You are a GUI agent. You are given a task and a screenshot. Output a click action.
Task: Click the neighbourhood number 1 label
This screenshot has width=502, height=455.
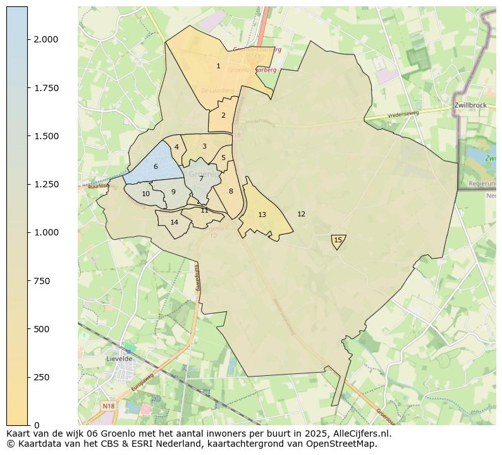(218, 66)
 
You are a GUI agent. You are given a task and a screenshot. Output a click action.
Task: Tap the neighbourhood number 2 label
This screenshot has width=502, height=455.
(223, 116)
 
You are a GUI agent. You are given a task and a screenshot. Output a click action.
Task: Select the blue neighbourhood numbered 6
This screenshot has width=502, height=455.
(156, 167)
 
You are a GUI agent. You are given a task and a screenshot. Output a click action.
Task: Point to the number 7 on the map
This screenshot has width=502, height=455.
(201, 179)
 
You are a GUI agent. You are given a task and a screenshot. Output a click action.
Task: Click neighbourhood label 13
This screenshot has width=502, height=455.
(262, 215)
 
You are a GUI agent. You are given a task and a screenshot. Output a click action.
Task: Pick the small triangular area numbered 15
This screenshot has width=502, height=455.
(338, 240)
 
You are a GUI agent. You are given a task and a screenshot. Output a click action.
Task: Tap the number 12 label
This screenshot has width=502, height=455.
(301, 215)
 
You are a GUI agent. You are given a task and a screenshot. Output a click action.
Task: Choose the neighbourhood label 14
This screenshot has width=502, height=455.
(174, 223)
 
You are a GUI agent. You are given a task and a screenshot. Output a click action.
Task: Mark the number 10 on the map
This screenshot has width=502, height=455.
(145, 194)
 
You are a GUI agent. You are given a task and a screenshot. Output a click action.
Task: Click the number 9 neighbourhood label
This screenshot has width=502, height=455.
(173, 192)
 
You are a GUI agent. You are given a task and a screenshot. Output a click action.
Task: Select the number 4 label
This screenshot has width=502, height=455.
(176, 147)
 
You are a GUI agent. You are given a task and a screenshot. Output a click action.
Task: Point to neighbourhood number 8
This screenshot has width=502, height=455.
(231, 192)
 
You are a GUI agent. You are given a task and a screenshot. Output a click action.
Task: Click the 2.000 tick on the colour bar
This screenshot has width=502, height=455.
(46, 39)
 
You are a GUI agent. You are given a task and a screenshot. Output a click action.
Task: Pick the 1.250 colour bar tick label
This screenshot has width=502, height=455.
(46, 184)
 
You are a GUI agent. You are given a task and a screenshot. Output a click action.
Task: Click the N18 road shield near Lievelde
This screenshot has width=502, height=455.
(107, 406)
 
